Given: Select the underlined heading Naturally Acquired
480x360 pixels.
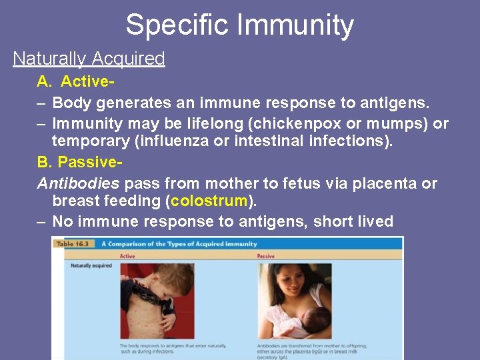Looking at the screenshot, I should pyautogui.click(x=89, y=59).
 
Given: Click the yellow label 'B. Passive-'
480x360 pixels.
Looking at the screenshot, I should pyautogui.click(x=80, y=163).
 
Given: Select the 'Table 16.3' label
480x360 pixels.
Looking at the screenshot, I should pyautogui.click(x=75, y=244).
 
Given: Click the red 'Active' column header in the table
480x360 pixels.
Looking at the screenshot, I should pyautogui.click(x=127, y=255).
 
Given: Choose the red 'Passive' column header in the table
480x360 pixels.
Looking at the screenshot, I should pyautogui.click(x=266, y=255).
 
